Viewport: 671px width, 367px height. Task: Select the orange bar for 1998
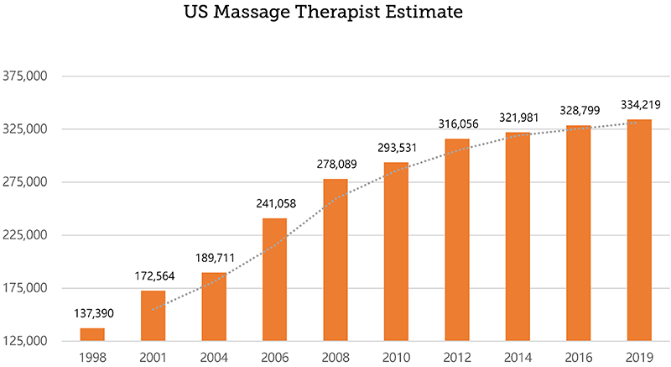coord(92,334)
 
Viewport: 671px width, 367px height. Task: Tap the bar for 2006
coord(274,280)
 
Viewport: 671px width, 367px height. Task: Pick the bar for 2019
coord(639,230)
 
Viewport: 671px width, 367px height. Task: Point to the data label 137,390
coord(92,313)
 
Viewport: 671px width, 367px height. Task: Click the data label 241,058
coord(274,204)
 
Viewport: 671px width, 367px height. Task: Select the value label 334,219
coord(639,105)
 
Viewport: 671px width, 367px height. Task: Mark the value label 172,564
coord(153,276)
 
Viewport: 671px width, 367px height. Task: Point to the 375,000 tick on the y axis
coord(29,76)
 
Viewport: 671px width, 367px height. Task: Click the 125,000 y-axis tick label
coord(29,341)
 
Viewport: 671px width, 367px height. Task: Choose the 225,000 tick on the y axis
coord(29,235)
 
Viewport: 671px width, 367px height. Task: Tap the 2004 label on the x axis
coord(214,356)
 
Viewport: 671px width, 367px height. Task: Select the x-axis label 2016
coord(578,356)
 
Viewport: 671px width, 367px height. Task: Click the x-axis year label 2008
coord(335,356)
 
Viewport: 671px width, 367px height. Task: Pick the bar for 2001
coord(153,316)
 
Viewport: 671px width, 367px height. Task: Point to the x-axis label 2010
coord(396,356)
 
